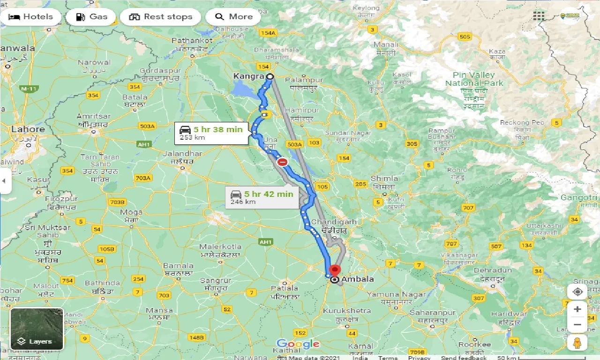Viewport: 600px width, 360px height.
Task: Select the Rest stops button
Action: click(160, 17)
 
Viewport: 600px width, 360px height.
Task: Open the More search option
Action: click(233, 17)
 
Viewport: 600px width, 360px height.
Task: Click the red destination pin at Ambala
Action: click(335, 271)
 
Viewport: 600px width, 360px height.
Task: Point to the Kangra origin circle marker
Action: click(270, 76)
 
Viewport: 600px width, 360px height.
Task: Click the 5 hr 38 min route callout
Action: click(211, 133)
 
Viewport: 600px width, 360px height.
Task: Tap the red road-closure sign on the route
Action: click(282, 162)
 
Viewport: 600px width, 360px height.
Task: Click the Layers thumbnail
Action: click(37, 329)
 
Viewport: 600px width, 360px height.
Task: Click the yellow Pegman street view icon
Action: click(577, 343)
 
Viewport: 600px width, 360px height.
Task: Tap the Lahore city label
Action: click(28, 129)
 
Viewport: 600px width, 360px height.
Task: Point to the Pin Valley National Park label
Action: click(473, 79)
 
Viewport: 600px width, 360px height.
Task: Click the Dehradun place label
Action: click(493, 270)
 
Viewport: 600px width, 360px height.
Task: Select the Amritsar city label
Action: click(94, 116)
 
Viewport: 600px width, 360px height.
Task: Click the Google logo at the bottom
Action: click(298, 344)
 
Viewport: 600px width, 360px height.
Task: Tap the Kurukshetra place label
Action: click(347, 310)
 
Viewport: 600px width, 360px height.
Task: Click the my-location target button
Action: click(577, 292)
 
